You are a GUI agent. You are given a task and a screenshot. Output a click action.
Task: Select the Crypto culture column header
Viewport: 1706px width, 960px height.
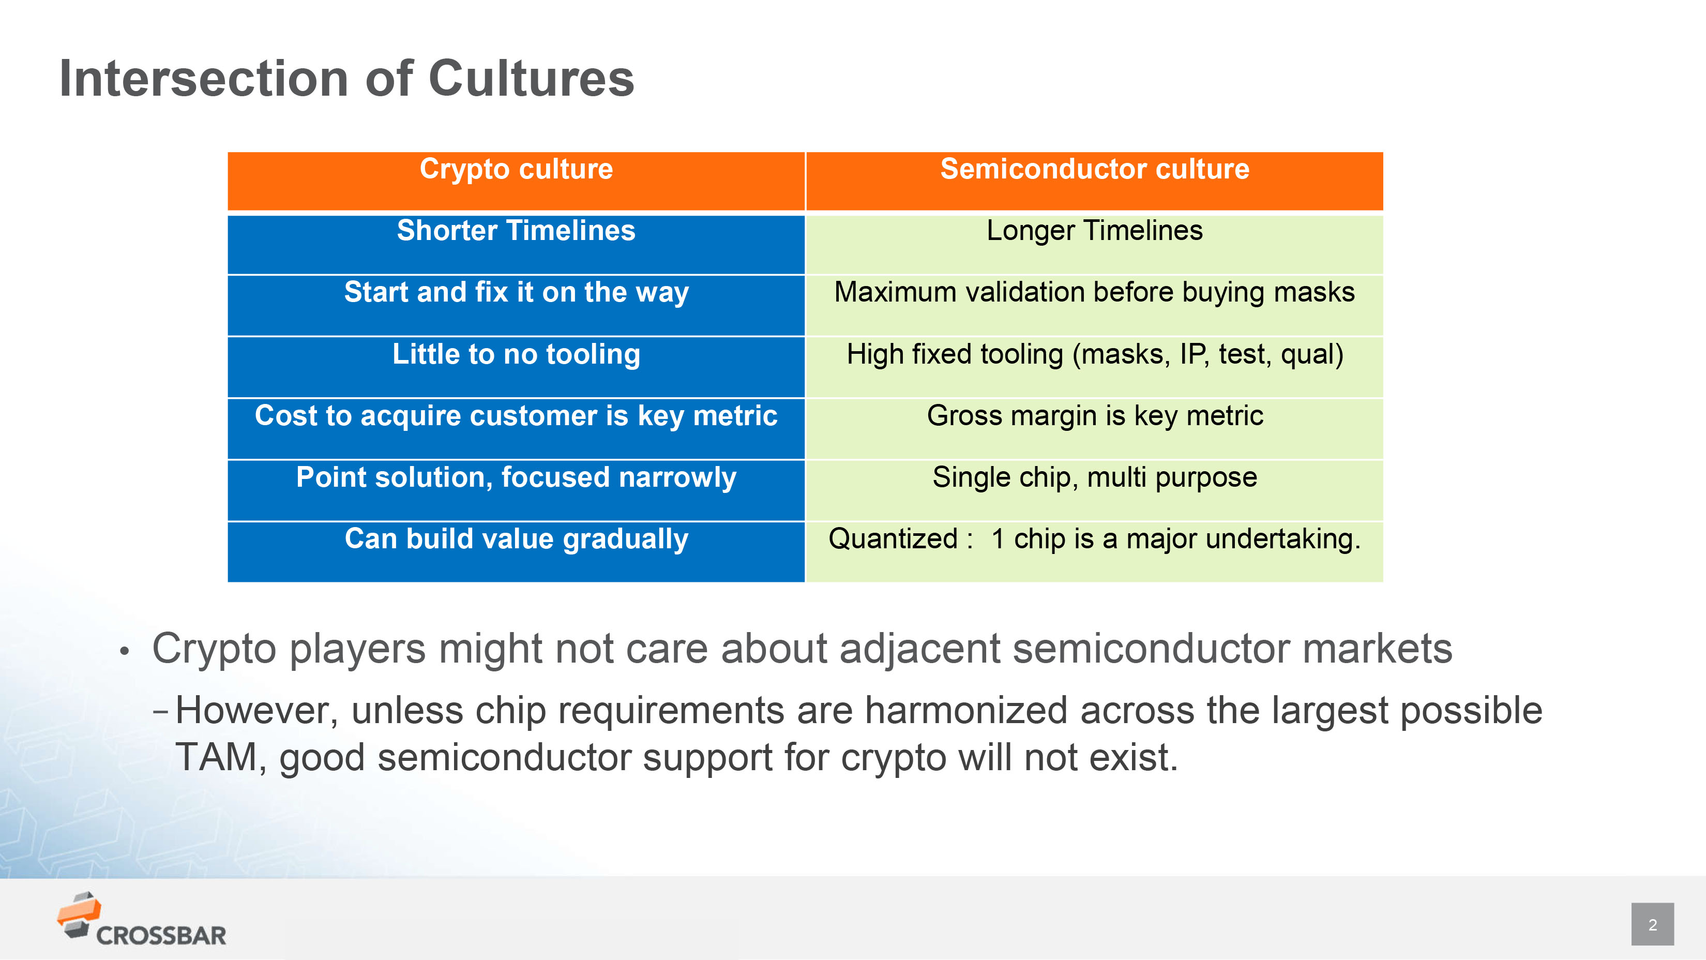(516, 181)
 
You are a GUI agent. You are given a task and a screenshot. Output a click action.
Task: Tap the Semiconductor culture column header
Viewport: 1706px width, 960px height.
(1095, 181)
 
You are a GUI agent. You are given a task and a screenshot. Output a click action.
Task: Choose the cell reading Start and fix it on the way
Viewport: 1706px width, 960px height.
(516, 305)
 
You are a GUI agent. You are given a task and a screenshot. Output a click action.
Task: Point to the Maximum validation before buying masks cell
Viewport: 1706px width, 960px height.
(1095, 305)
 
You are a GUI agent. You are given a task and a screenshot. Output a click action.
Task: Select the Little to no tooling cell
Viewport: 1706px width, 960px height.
(516, 367)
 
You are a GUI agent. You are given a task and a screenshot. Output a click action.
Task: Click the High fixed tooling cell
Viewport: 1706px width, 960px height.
(1095, 367)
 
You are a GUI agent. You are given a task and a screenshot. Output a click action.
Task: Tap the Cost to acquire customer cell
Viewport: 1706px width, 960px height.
(516, 429)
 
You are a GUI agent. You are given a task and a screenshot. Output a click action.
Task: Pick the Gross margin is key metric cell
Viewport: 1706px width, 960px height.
(1095, 429)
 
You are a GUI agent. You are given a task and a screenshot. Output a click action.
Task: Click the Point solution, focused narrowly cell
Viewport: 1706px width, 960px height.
(516, 490)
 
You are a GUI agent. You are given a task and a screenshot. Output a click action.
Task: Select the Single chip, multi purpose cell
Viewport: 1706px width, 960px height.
(1095, 490)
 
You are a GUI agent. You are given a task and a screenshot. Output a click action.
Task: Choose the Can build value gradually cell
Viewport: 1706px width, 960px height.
(516, 552)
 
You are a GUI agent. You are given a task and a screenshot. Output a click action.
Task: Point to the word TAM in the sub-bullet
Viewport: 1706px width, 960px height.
(216, 757)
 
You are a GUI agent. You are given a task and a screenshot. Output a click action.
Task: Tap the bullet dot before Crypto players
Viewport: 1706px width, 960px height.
(124, 651)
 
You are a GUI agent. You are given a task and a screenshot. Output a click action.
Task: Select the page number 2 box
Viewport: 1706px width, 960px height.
(1652, 924)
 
